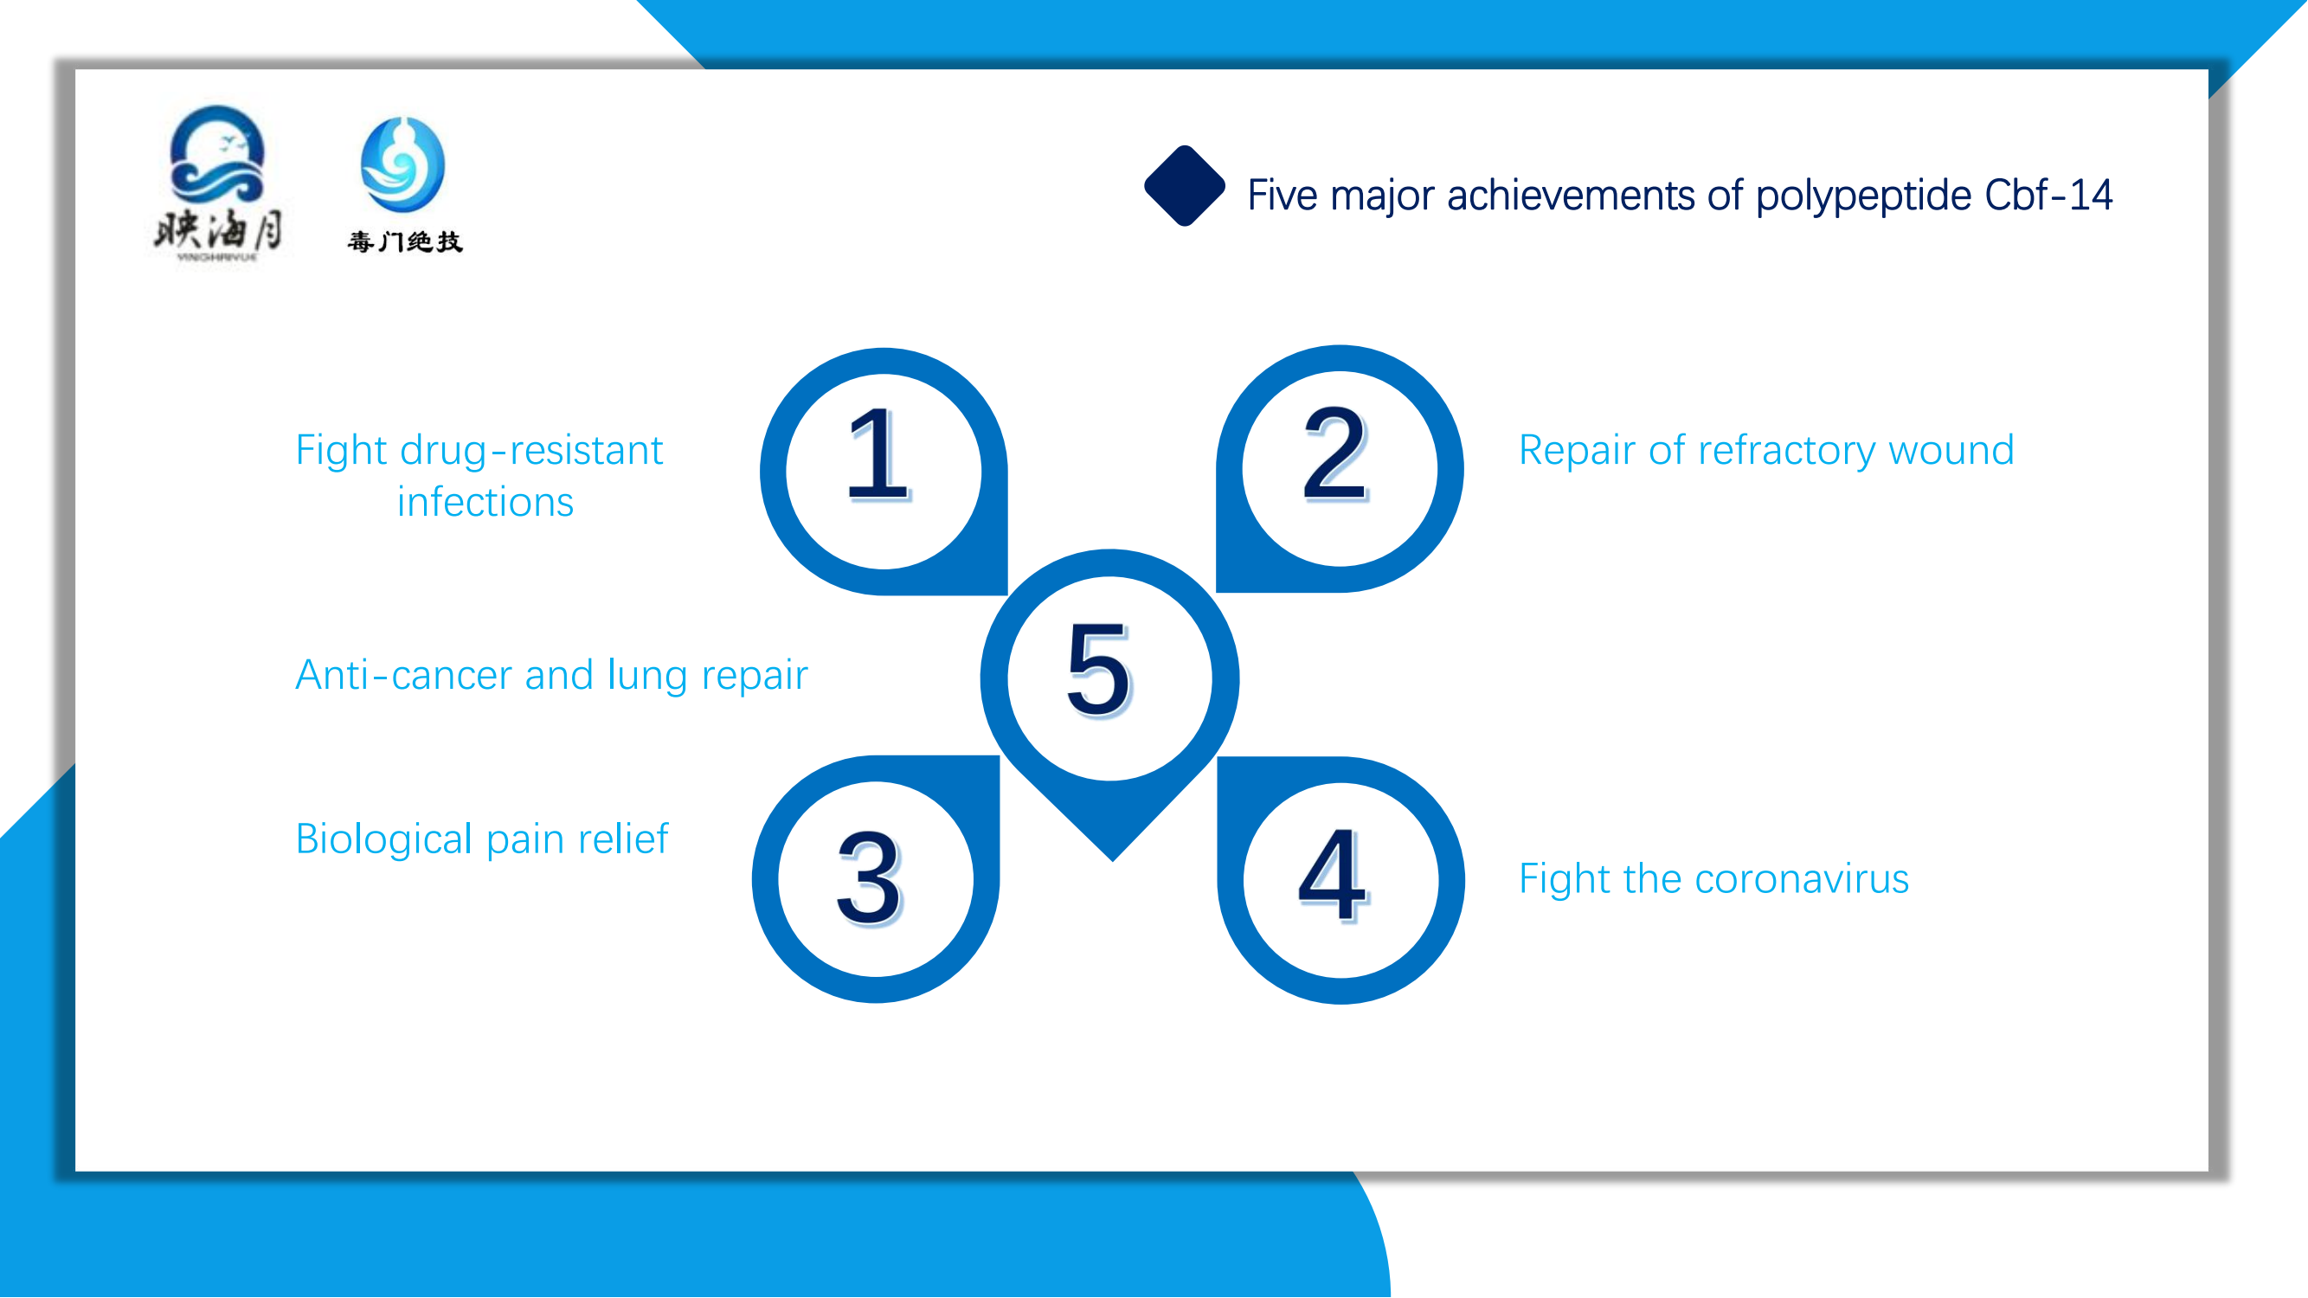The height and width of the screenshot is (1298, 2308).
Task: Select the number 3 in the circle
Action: coord(869,877)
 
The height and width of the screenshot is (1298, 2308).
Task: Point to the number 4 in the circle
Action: coord(1334,875)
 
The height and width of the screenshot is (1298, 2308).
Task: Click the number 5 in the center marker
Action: coord(1099,669)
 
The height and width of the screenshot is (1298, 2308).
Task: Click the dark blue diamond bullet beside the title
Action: coord(1185,186)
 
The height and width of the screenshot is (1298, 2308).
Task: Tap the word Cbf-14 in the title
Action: coord(2048,196)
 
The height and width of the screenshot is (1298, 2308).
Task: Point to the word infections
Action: coord(485,502)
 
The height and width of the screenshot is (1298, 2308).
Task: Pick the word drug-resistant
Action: coord(531,451)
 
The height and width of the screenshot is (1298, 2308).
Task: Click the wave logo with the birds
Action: coord(218,154)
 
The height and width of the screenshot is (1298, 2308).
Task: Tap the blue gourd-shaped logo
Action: coord(402,164)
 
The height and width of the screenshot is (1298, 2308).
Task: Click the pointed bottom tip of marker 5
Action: coord(1112,861)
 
